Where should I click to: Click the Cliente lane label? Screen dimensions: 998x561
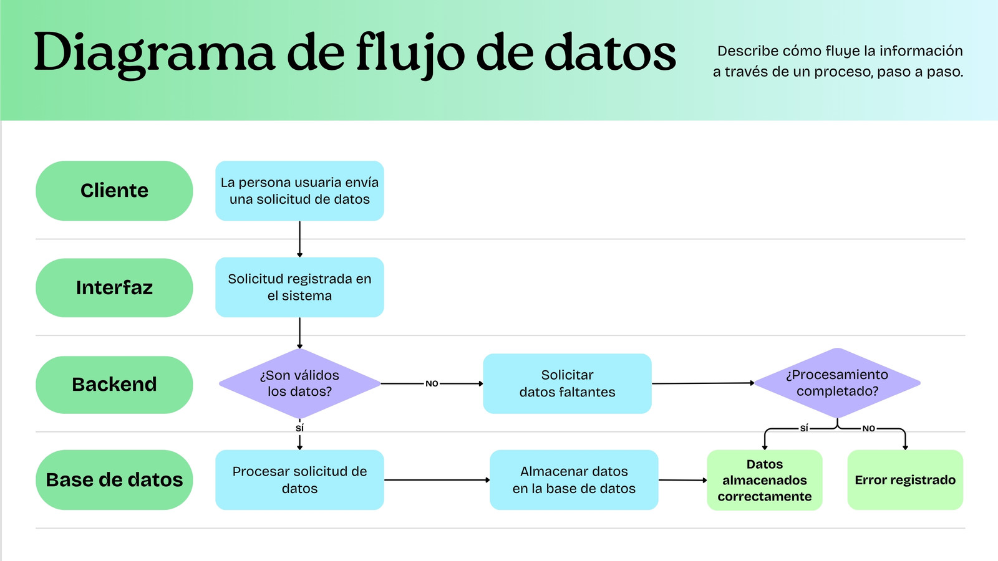(x=114, y=191)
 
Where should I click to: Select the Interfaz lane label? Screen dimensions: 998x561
(x=114, y=287)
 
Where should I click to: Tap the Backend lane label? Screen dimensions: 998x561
(x=114, y=385)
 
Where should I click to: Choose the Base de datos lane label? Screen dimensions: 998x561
(x=114, y=479)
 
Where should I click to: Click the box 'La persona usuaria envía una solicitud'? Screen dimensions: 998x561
(x=299, y=191)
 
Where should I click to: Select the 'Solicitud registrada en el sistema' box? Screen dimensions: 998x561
(x=299, y=287)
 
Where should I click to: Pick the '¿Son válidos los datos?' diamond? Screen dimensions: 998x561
(x=299, y=383)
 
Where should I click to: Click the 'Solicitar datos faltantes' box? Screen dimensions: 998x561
(x=567, y=383)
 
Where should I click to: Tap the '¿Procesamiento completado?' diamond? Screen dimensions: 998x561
(x=837, y=383)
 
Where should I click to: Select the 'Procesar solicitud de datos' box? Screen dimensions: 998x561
(x=299, y=479)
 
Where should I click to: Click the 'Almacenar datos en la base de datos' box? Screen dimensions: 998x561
(x=574, y=479)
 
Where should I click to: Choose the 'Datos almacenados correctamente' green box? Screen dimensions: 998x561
(x=765, y=480)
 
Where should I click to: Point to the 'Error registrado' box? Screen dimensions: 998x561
(x=905, y=480)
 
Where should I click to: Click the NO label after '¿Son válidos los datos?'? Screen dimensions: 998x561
(x=432, y=384)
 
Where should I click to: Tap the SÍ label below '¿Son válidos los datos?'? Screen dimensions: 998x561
(x=299, y=428)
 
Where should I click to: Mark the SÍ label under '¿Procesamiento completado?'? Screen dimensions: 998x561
(x=804, y=428)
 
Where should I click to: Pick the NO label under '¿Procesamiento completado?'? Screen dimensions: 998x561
(x=868, y=429)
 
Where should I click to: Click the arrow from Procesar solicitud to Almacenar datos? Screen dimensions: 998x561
(x=437, y=480)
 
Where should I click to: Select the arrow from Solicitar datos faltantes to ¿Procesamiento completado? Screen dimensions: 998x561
(x=703, y=383)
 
